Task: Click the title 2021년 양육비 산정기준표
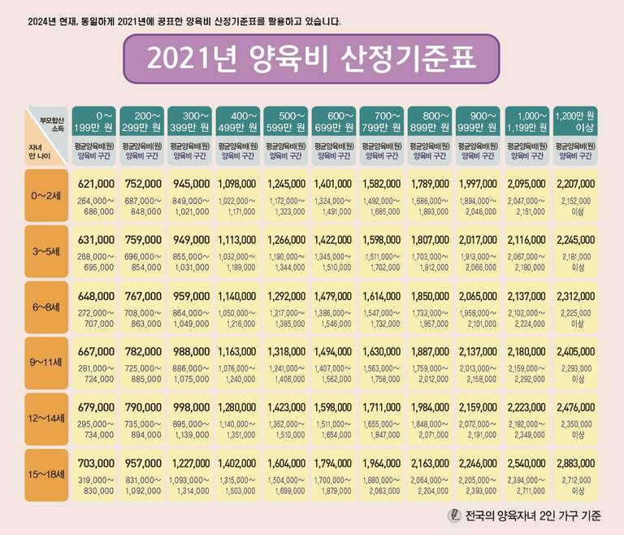311,59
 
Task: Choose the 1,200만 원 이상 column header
575,121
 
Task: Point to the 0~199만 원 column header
93,121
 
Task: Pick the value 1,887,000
430,351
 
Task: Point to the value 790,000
142,407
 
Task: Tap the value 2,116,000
526,240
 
